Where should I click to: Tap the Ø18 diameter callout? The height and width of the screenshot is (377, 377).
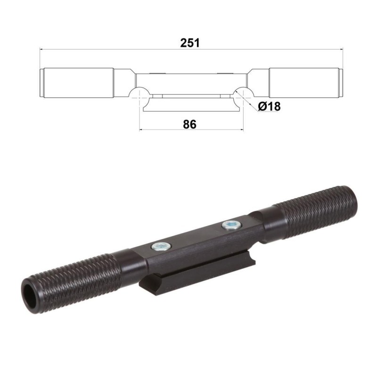pyautogui.click(x=269, y=107)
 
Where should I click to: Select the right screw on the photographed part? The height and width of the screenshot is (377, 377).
pyautogui.click(x=230, y=225)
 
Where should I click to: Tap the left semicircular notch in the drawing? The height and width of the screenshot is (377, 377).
pyautogui.click(x=139, y=92)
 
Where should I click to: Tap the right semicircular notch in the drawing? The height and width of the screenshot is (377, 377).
pyautogui.click(x=242, y=92)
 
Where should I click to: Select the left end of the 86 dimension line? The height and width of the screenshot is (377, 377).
pyautogui.click(x=140, y=130)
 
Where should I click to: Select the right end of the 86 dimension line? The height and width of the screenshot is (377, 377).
pyautogui.click(x=243, y=130)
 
